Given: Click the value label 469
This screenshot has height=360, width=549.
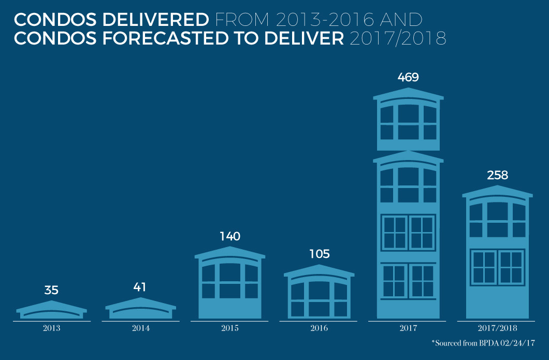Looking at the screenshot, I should click(x=408, y=78).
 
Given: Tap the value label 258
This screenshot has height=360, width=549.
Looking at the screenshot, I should click(x=497, y=175).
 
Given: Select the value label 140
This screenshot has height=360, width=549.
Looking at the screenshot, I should click(x=230, y=237).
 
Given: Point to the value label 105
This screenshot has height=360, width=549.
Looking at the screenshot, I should click(x=319, y=254).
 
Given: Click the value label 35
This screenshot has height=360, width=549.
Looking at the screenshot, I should click(x=51, y=290).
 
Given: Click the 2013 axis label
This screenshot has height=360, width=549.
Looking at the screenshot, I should click(x=51, y=328).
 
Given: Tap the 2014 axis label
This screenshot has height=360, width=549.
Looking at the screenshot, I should click(x=140, y=328).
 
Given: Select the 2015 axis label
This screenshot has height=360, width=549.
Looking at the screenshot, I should click(x=230, y=328).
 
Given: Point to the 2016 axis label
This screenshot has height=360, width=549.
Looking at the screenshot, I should click(x=319, y=328).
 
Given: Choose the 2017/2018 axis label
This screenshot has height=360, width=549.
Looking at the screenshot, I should click(x=497, y=328).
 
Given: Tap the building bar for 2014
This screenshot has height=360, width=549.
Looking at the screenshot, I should click(x=140, y=309).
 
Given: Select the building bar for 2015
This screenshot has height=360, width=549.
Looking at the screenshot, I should click(x=230, y=285).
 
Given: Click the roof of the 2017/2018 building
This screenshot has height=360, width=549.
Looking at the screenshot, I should click(x=497, y=192).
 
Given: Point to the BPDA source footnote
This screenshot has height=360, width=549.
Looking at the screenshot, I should click(x=484, y=343).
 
